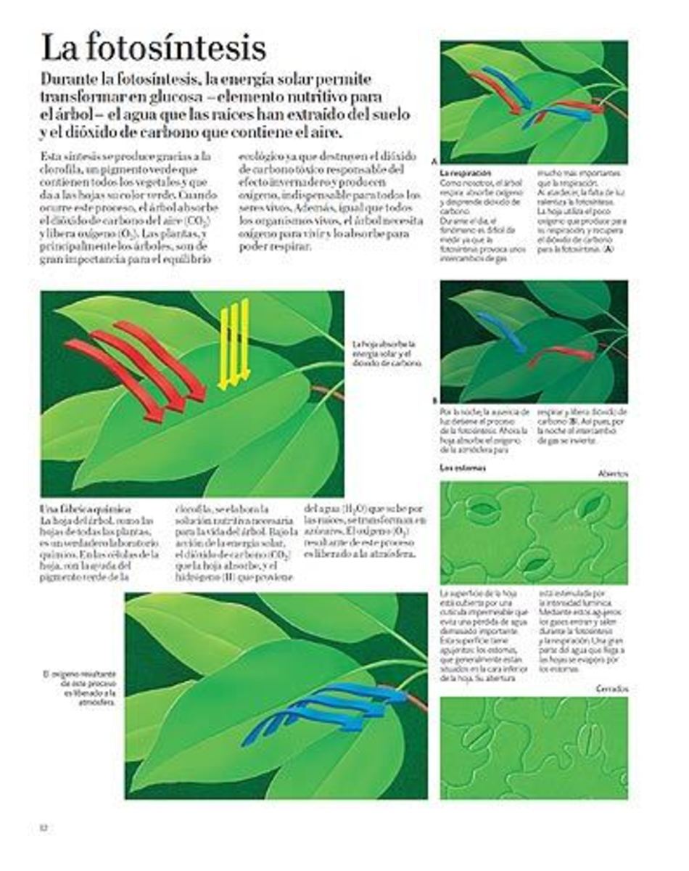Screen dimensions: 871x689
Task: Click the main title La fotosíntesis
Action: coord(153,49)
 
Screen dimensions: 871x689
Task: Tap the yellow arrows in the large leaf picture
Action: coord(234,344)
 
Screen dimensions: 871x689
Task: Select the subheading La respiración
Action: coord(466,173)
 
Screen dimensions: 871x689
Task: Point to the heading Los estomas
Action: coord(463,468)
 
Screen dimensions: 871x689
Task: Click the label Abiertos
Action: coord(613,473)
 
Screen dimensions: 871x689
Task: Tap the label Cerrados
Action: coord(612,688)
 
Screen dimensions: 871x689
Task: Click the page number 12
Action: coord(44,827)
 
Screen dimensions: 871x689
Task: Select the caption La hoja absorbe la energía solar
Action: coord(384,353)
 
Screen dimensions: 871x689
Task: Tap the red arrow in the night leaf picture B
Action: coord(562,355)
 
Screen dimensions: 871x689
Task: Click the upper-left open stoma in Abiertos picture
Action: coord(482,510)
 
